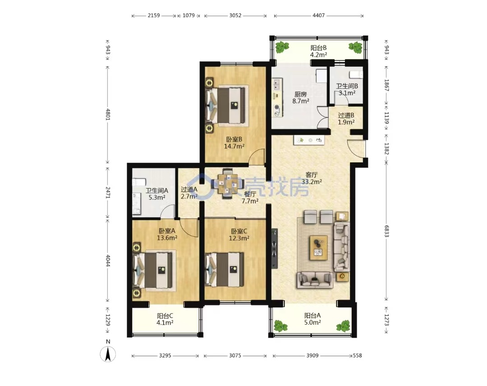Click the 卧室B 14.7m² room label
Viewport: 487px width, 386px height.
click(234, 142)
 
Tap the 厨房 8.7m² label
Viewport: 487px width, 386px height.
click(300, 97)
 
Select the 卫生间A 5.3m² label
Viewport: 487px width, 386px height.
click(157, 194)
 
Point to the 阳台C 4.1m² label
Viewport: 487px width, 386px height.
click(165, 319)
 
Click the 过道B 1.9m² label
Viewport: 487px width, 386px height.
click(346, 119)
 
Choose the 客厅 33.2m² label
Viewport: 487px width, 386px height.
click(312, 178)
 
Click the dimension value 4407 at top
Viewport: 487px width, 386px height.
click(319, 15)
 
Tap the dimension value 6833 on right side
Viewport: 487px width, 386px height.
click(386, 231)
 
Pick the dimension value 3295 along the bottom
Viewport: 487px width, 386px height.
click(165, 356)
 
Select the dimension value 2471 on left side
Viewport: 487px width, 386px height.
click(108, 193)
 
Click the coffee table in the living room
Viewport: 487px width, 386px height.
click(318, 248)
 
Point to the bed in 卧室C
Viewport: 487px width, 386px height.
click(224, 269)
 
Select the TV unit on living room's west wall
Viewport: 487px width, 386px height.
click(274, 248)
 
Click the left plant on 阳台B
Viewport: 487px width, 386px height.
click(282, 47)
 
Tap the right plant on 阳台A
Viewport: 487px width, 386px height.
click(343, 326)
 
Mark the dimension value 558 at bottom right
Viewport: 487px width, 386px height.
click(357, 356)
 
